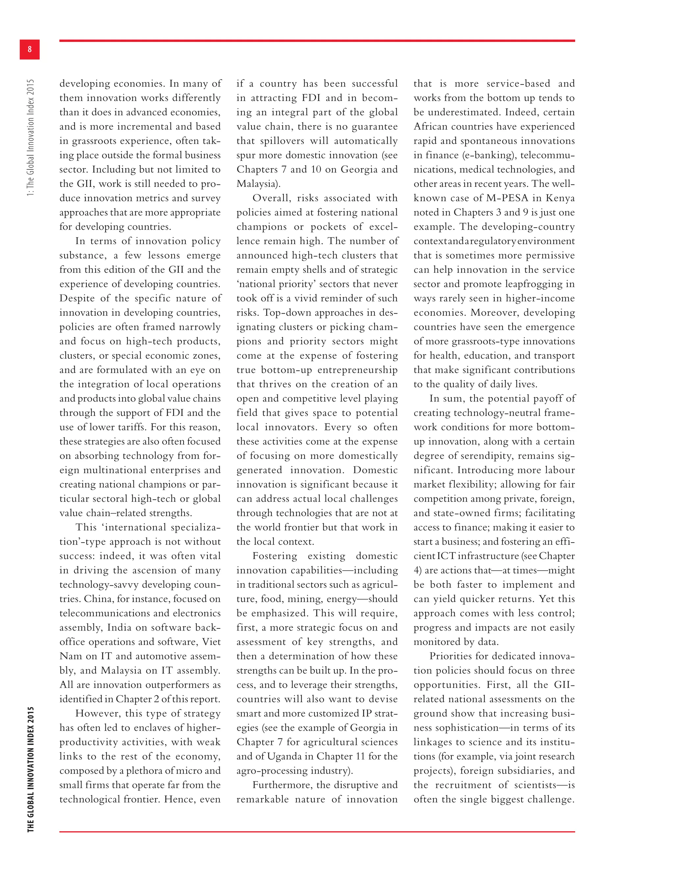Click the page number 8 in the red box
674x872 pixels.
[30, 49]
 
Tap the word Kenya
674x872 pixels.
[560, 198]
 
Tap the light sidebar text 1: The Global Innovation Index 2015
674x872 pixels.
[31, 138]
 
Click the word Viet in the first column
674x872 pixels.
[211, 642]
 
